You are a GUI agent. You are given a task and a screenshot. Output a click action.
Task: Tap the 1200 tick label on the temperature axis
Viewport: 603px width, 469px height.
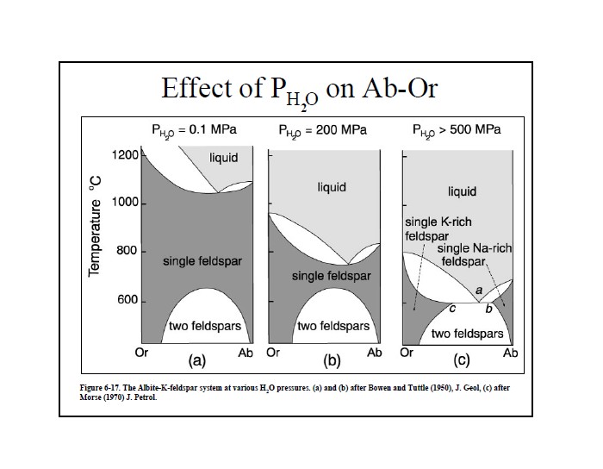[x=124, y=155]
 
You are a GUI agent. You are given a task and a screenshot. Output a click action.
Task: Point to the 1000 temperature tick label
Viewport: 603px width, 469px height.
[x=124, y=203]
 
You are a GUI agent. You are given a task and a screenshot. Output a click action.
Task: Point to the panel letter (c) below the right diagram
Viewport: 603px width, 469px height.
[x=460, y=361]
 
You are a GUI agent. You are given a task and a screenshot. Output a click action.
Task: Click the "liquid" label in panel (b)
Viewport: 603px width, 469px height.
[x=332, y=187]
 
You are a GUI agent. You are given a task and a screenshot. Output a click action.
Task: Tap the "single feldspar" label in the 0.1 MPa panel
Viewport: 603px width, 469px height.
[x=199, y=261]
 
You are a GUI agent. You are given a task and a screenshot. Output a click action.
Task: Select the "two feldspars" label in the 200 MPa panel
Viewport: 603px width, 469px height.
[x=333, y=327]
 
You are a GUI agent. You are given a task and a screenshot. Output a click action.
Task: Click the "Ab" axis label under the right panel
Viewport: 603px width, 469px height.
[x=510, y=353]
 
